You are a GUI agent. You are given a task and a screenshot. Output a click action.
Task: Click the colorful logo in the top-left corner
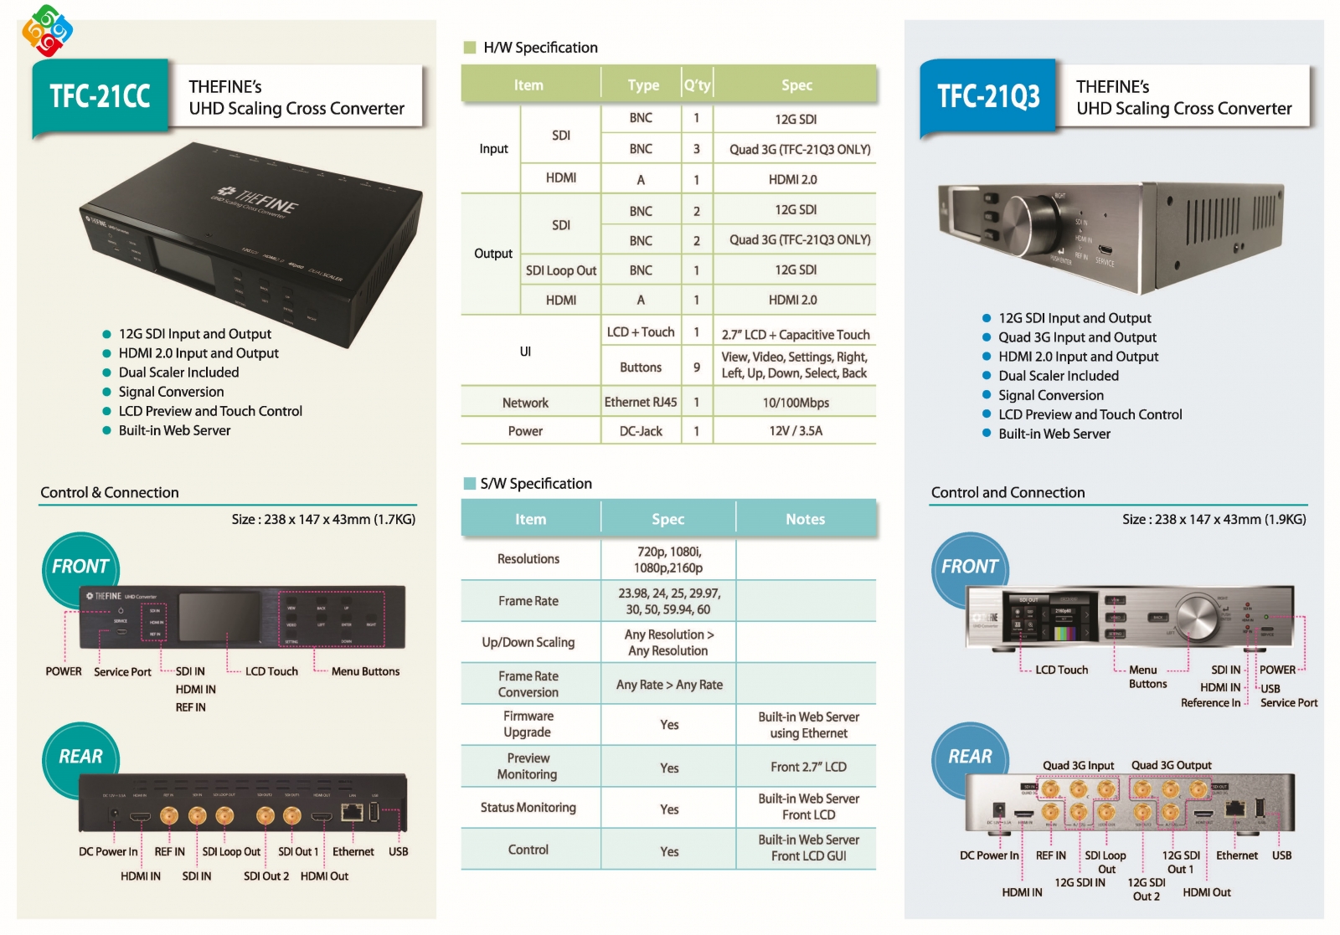(47, 31)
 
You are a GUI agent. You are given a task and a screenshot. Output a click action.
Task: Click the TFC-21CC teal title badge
(100, 96)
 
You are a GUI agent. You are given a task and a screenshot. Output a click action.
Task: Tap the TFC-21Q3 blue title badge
(988, 96)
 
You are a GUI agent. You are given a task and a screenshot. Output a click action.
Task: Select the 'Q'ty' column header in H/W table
(697, 85)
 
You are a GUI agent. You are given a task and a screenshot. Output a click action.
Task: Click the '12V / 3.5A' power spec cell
(796, 430)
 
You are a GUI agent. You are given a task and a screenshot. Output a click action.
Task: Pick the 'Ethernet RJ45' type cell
(641, 402)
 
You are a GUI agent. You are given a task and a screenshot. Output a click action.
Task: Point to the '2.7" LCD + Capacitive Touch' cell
(796, 334)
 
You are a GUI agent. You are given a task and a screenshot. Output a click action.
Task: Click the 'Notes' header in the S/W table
(805, 519)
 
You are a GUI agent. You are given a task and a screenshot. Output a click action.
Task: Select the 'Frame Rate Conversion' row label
(528, 684)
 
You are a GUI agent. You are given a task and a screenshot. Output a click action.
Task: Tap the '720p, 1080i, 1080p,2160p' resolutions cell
(668, 559)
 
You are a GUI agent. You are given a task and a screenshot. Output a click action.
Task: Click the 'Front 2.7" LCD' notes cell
(808, 766)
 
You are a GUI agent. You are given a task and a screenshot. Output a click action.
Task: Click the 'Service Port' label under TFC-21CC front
(122, 671)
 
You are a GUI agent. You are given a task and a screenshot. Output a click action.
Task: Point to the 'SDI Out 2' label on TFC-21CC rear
(266, 876)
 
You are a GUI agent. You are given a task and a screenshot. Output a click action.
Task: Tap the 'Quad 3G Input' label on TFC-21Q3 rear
(1078, 765)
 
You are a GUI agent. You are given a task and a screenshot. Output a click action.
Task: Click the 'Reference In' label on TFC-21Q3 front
(1210, 702)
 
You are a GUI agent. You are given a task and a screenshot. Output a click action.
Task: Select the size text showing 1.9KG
(1214, 519)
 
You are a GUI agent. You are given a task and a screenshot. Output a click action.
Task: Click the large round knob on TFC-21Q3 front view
(1197, 618)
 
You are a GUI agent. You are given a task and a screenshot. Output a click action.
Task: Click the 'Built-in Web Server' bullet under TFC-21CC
(174, 430)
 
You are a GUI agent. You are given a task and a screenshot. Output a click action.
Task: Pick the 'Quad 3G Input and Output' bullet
(1077, 337)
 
